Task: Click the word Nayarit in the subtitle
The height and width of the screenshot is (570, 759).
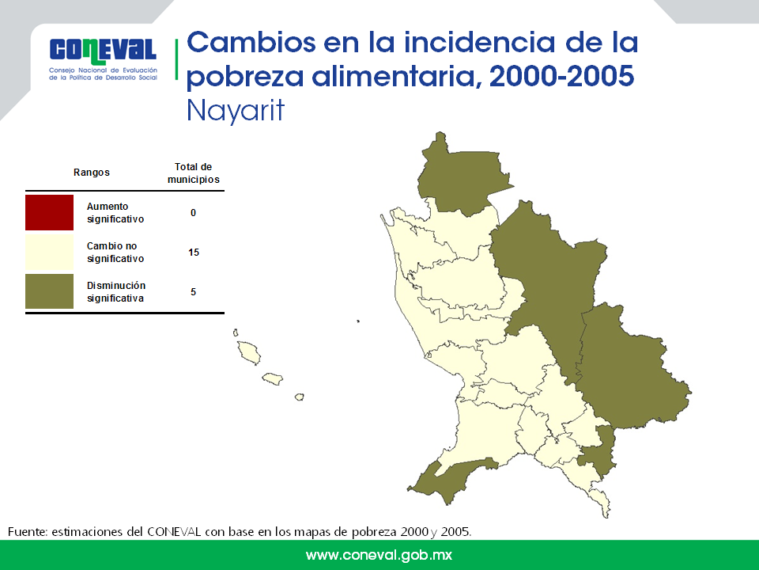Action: coord(236,111)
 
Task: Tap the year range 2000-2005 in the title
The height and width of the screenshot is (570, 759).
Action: coord(561,76)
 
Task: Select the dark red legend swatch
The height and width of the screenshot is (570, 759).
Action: coord(49,212)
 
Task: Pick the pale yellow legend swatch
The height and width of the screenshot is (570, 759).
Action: coord(49,252)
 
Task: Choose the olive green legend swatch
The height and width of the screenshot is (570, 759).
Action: coord(49,291)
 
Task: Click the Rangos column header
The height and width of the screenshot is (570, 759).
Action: coord(92,173)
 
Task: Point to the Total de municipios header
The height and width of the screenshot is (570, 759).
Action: coord(193,173)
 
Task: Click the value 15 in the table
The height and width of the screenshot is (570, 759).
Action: coord(194,252)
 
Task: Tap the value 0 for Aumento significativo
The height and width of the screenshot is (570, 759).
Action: coord(193,213)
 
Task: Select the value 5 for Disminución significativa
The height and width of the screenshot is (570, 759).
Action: coord(193,292)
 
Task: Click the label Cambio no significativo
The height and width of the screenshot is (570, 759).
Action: coord(115,252)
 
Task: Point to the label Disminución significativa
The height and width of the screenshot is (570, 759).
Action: coord(116,292)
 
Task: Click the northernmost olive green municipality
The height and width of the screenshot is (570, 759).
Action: coord(460,177)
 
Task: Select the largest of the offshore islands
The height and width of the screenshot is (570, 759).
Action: coord(249,351)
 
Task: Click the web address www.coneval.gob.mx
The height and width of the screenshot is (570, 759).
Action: coord(379,556)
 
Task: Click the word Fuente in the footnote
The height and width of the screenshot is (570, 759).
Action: coord(27,532)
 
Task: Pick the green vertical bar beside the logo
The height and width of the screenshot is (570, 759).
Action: coord(176,59)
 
